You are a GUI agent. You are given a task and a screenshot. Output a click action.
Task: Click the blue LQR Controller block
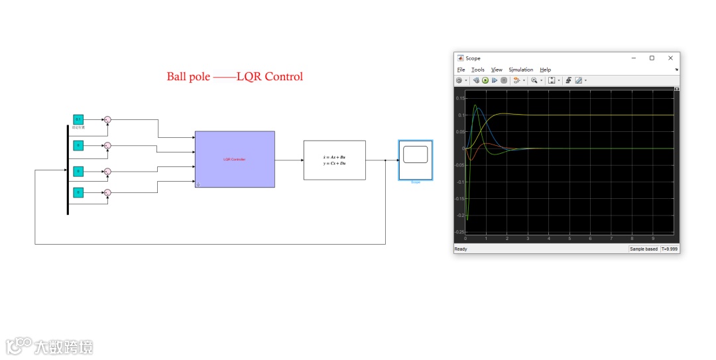pos(235,159)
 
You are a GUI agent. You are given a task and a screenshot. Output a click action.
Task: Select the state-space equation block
pos(334,160)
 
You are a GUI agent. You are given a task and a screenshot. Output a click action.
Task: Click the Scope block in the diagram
pos(415,159)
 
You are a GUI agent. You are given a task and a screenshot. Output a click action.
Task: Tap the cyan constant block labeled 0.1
pos(78,119)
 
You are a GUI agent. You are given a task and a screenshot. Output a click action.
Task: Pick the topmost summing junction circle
pos(108,119)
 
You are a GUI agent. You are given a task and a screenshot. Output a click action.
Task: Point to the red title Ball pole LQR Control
pos(235,77)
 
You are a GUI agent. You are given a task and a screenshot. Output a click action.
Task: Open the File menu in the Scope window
pos(461,70)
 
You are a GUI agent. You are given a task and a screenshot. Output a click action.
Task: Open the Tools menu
pos(478,70)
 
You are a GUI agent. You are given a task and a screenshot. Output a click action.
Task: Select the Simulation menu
pos(521,70)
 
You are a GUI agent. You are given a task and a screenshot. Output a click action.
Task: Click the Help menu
pos(545,70)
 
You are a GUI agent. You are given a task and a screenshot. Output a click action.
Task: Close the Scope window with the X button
pos(670,58)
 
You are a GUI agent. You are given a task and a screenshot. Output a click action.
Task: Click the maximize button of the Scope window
pos(652,58)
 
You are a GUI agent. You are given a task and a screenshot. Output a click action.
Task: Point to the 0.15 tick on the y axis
pos(460,98)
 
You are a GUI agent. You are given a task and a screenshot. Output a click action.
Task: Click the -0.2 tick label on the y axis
pos(459,215)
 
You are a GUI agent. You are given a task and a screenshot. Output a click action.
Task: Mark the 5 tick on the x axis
pos(569,238)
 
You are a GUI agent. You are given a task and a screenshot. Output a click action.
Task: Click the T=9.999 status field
pos(670,249)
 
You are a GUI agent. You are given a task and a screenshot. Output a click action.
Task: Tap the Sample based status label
pos(644,249)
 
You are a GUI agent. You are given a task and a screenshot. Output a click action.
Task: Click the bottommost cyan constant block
pos(78,192)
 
